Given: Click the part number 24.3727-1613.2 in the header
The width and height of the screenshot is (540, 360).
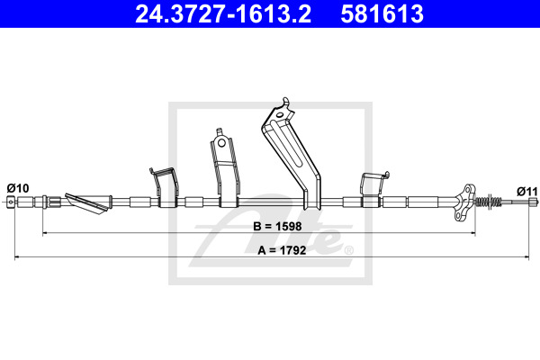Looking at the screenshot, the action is (x=223, y=14).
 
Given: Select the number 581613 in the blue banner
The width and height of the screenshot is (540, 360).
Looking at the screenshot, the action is (x=382, y=14).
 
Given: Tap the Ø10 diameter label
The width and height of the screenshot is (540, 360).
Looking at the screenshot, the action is (x=18, y=188).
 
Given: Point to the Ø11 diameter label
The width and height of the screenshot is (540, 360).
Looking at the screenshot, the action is (x=526, y=191).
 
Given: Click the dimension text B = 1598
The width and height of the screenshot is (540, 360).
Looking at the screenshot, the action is (x=277, y=226).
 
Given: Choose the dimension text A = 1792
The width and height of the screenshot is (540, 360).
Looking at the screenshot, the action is (x=282, y=250).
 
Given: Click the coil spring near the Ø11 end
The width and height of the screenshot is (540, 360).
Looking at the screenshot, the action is (x=489, y=201).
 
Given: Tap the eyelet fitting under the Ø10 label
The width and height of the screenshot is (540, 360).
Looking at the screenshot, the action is (x=11, y=202).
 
